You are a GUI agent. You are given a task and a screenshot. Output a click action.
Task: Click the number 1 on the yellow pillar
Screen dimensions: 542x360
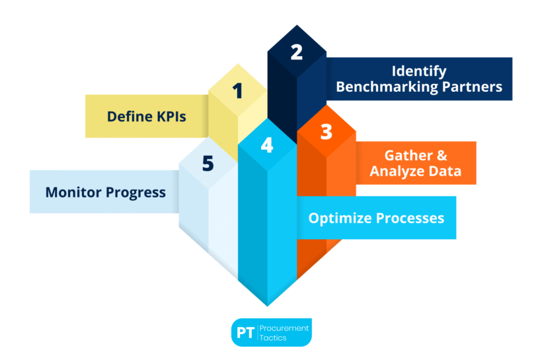tap(237, 91)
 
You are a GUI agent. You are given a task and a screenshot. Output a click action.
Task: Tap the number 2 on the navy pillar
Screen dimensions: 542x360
tap(297, 52)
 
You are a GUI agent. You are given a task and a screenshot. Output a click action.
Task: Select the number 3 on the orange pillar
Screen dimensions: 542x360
tap(327, 131)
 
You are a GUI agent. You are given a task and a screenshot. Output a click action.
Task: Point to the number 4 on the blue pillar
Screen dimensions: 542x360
tap(267, 145)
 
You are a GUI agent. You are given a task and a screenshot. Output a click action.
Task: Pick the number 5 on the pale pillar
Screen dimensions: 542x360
tap(208, 163)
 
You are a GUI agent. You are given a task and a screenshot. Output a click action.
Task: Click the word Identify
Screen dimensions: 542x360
tap(419, 72)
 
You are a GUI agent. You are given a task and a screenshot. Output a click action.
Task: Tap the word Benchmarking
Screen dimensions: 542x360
tap(387, 87)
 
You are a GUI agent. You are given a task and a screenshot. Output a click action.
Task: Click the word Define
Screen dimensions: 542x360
tap(130, 116)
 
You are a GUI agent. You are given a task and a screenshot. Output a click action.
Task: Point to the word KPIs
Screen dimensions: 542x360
tap(171, 116)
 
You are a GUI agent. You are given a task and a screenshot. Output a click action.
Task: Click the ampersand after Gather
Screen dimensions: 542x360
tap(442, 156)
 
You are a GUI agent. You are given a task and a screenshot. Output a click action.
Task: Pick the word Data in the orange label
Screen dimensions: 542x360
tap(445, 171)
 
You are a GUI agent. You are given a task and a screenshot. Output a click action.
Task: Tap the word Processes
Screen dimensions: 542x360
tap(410, 219)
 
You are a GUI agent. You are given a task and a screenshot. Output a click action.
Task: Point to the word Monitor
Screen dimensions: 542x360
tap(73, 192)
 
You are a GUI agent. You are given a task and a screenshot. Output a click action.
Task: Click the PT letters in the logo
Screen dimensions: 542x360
tap(245, 333)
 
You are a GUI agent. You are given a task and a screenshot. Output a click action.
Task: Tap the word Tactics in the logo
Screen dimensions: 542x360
tap(273, 338)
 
